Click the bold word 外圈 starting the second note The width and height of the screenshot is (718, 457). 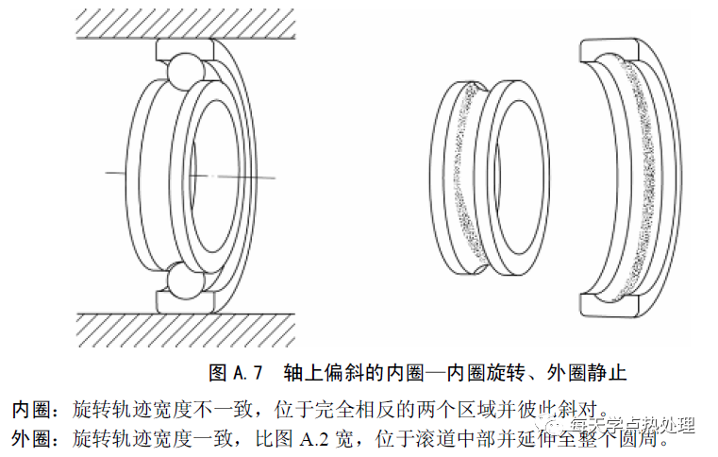30,438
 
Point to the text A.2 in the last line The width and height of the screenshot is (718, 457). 317,438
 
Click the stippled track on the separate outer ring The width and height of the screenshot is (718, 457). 642,179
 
